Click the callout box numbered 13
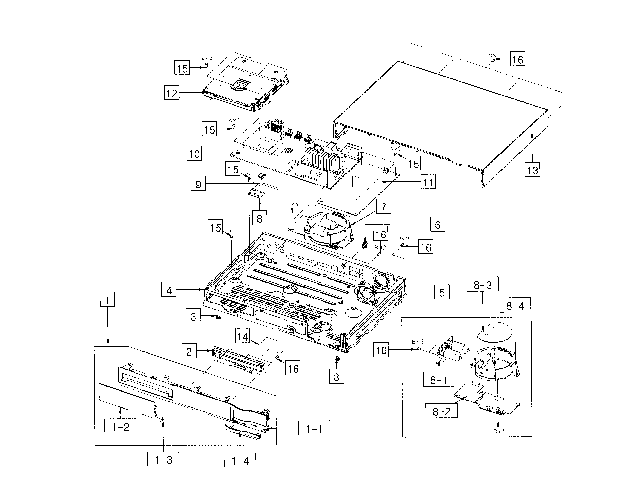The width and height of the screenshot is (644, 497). [x=532, y=170]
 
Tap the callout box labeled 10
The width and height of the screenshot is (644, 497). [x=194, y=153]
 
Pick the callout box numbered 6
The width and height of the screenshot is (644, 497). [x=437, y=224]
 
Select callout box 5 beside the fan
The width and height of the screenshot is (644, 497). [x=442, y=292]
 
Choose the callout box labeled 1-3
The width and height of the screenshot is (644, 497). [x=163, y=459]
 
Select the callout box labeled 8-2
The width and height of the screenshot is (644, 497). [x=441, y=411]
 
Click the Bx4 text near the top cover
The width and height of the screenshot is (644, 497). [x=494, y=55]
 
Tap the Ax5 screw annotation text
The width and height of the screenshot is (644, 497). [x=396, y=149]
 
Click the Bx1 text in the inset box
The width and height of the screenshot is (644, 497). [x=499, y=431]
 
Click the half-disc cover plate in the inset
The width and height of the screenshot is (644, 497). [x=494, y=332]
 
